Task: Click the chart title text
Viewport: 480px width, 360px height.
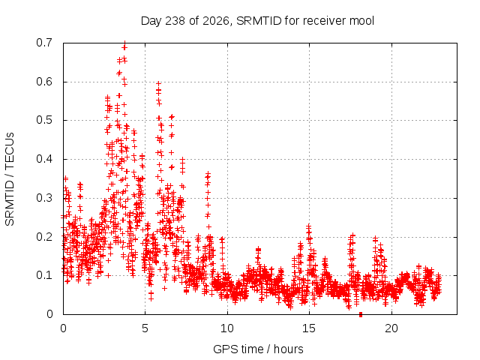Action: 257,21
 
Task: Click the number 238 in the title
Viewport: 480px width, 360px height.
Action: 175,21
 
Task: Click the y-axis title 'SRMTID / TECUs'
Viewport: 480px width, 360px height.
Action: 10,179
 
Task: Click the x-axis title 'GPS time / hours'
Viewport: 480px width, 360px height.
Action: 258,349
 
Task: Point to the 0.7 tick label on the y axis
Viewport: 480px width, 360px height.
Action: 44,43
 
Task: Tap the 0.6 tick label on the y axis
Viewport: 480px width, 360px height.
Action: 44,82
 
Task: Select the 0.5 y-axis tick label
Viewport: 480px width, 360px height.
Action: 44,120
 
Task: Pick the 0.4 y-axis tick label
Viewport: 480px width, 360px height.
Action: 44,159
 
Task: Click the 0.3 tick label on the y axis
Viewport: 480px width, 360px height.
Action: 44,198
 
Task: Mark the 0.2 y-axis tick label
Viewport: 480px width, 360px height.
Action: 44,237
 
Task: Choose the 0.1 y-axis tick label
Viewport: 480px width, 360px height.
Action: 44,275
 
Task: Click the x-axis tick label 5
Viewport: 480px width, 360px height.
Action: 145,328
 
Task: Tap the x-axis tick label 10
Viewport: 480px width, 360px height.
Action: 227,328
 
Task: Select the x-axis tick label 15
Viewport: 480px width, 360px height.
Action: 309,328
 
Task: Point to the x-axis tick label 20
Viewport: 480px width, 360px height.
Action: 391,328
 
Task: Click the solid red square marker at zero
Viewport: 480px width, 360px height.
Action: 361,314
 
